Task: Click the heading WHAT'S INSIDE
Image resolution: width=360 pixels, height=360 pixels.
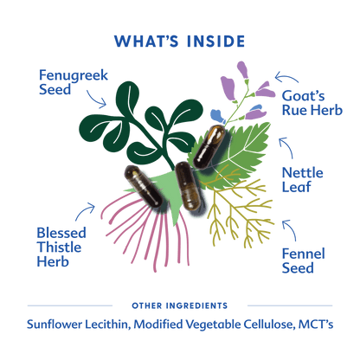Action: pos(179,42)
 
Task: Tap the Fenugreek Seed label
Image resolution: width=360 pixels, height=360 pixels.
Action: pos(74,82)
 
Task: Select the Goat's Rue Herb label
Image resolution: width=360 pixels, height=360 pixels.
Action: pos(312,103)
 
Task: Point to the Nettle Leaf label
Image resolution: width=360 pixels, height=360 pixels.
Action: pos(302,180)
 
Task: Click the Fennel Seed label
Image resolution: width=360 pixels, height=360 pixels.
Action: pos(303,260)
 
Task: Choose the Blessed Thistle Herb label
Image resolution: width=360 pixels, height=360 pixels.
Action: pos(61,247)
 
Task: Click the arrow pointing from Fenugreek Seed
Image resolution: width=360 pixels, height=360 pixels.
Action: pos(97,100)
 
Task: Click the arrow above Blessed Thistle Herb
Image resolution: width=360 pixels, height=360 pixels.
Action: pos(84,210)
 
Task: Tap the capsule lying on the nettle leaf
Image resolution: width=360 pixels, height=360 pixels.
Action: pos(209,147)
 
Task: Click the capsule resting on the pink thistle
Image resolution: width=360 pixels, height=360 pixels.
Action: pos(144,186)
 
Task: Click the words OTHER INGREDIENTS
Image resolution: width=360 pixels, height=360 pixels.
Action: pos(180,305)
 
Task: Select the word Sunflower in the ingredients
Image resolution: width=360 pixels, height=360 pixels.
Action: pos(55,325)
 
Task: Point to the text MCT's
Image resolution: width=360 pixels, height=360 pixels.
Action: pos(316,325)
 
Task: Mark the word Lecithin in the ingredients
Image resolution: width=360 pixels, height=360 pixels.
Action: pos(107,325)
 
